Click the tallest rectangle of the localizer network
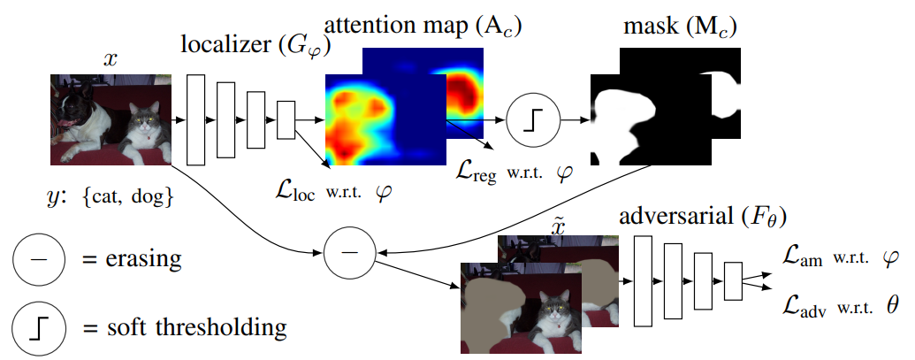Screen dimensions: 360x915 click(196, 119)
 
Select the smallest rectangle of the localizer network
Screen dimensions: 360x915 click(286, 119)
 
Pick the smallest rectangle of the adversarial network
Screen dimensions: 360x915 click(733, 280)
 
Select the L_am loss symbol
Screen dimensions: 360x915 click(803, 257)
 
